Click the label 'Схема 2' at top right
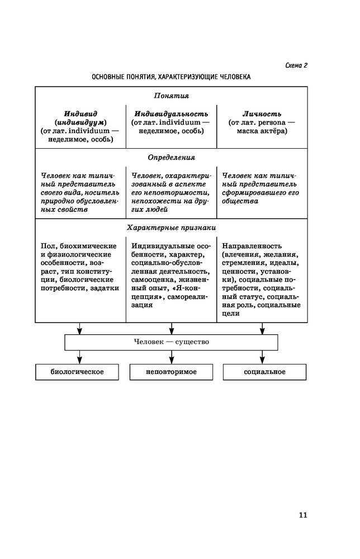tap(296, 65)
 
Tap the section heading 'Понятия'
tap(171, 96)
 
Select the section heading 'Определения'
tap(171, 157)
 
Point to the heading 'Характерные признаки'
tap(171, 228)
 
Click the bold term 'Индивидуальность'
tap(171, 113)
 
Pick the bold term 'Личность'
tap(262, 113)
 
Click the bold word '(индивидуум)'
tap(80, 122)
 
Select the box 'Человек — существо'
tap(171, 342)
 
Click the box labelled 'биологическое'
tap(77, 372)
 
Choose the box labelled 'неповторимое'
tap(171, 372)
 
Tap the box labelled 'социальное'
tap(264, 372)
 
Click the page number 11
tap(302, 515)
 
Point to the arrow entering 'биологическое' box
tap(80, 358)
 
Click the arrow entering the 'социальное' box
tap(262, 358)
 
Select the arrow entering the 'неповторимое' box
tap(170, 358)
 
